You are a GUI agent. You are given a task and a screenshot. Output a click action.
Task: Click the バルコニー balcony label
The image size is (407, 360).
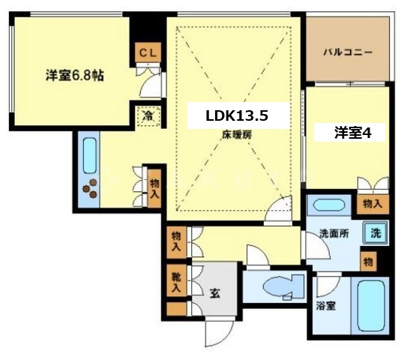tap(349, 53)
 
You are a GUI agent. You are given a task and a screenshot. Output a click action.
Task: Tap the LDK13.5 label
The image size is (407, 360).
tap(237, 116)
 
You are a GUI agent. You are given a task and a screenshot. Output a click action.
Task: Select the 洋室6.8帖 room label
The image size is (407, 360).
tap(73, 75)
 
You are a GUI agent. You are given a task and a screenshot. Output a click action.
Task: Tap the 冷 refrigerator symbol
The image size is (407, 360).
tap(148, 116)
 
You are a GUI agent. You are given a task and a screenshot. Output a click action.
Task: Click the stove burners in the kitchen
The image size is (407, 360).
tap(90, 188)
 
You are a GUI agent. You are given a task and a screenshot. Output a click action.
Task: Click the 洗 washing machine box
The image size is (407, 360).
tap(375, 233)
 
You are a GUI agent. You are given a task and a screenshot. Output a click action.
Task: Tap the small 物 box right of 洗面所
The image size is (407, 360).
tap(368, 261)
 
